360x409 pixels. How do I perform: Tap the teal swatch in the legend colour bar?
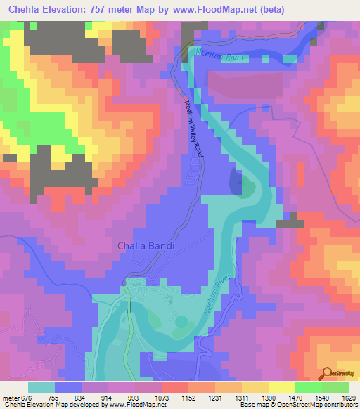click(x=41, y=387)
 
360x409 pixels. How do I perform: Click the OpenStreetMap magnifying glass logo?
click(x=326, y=373)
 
